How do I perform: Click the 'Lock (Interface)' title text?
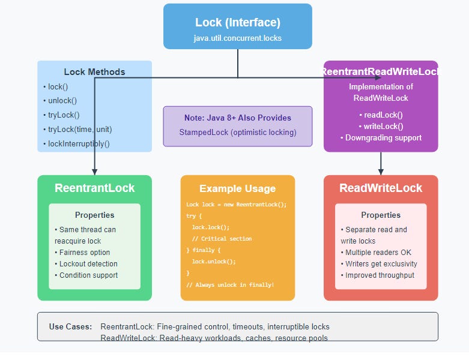point(237,23)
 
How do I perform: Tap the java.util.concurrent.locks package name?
point(237,38)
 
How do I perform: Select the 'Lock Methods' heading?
point(94,72)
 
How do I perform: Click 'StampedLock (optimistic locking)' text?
point(237,132)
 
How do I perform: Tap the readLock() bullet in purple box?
point(381,115)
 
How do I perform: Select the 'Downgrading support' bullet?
point(381,138)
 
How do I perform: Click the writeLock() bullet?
point(381,126)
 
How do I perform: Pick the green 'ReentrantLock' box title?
point(94,188)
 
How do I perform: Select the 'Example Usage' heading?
point(237,188)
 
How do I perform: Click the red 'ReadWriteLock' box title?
point(381,188)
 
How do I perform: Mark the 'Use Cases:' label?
point(70,327)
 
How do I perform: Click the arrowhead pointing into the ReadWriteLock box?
point(381,172)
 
